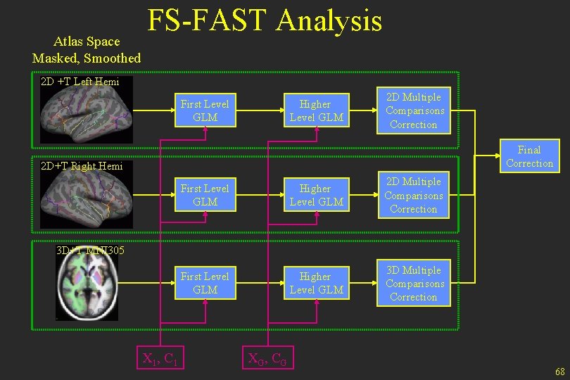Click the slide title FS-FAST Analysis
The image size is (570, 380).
coord(265,21)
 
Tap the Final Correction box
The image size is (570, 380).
coord(529,156)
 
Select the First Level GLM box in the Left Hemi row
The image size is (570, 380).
coord(205,110)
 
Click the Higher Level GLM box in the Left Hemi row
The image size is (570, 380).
coord(316,110)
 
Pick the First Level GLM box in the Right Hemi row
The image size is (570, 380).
coord(205,195)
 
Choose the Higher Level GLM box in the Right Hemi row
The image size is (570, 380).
coord(316,195)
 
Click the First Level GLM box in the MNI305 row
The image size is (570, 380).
coord(205,283)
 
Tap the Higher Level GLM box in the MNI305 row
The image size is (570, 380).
coord(316,283)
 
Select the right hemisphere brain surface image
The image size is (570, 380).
coord(85,199)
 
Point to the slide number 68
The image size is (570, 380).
coord(559,371)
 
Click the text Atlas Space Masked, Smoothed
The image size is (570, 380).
coord(87,50)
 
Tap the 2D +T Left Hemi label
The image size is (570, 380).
coord(80,82)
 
